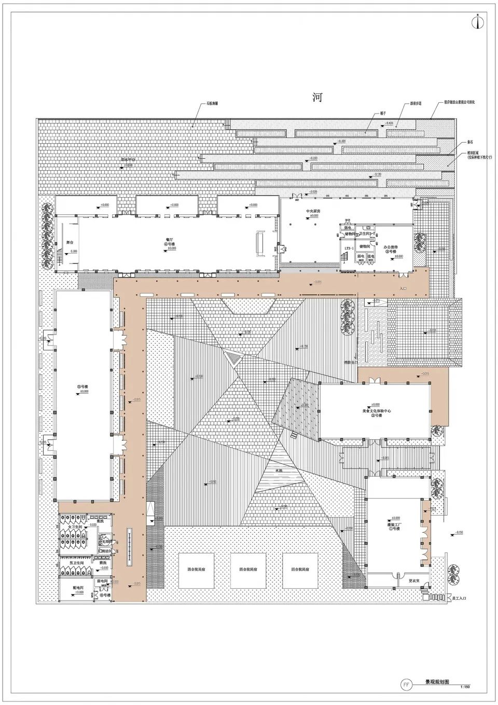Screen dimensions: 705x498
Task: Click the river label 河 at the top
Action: tap(317, 98)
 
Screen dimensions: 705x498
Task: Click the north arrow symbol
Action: tap(477, 22)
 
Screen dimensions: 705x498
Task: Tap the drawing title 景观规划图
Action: tap(437, 683)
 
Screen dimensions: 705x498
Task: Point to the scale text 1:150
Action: tap(465, 689)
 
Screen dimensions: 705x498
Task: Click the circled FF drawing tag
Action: tap(407, 684)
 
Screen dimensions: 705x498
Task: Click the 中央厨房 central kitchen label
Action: tap(313, 212)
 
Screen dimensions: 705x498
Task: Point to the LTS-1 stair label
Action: tap(349, 249)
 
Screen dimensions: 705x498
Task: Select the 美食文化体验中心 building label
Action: tap(377, 410)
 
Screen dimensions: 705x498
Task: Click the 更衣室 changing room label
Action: tap(413, 580)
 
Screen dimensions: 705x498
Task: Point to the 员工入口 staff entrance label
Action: tap(459, 598)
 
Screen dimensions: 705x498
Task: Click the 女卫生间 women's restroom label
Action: tap(69, 527)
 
